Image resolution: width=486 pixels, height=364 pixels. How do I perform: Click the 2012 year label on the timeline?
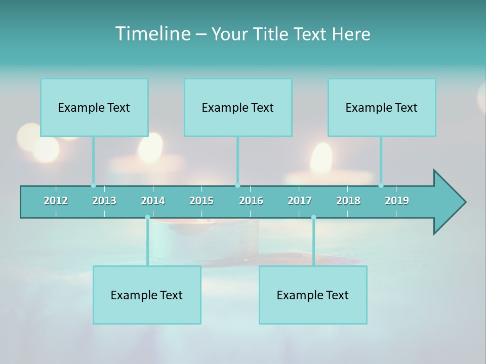[56, 201]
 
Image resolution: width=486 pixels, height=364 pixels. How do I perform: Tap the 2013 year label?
[104, 201]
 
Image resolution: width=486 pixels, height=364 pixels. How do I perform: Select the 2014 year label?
[153, 201]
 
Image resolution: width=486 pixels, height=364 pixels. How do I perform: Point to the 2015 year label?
[201, 201]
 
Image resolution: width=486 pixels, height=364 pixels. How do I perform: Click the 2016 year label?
[251, 201]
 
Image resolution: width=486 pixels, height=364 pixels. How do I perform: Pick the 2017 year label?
[300, 201]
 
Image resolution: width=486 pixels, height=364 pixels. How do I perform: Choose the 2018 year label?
[348, 201]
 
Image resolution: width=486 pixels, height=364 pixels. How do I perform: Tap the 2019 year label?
[397, 201]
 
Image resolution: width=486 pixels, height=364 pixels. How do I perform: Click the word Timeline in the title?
[152, 34]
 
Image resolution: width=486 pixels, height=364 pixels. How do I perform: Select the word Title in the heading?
[272, 34]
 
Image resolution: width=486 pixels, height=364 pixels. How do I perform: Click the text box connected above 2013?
[94, 108]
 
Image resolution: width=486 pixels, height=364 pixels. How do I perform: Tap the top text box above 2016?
[238, 108]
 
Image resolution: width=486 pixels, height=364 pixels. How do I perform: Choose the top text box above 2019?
[382, 108]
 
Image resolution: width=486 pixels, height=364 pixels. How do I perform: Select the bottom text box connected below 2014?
[147, 295]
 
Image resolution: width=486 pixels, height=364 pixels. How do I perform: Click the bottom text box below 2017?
[313, 295]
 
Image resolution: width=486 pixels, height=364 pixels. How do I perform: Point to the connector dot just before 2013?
[93, 186]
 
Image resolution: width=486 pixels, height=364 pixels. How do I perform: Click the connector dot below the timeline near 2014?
[147, 217]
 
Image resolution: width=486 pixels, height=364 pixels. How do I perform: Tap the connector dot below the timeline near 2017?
[313, 217]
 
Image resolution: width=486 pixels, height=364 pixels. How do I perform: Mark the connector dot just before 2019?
[381, 186]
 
